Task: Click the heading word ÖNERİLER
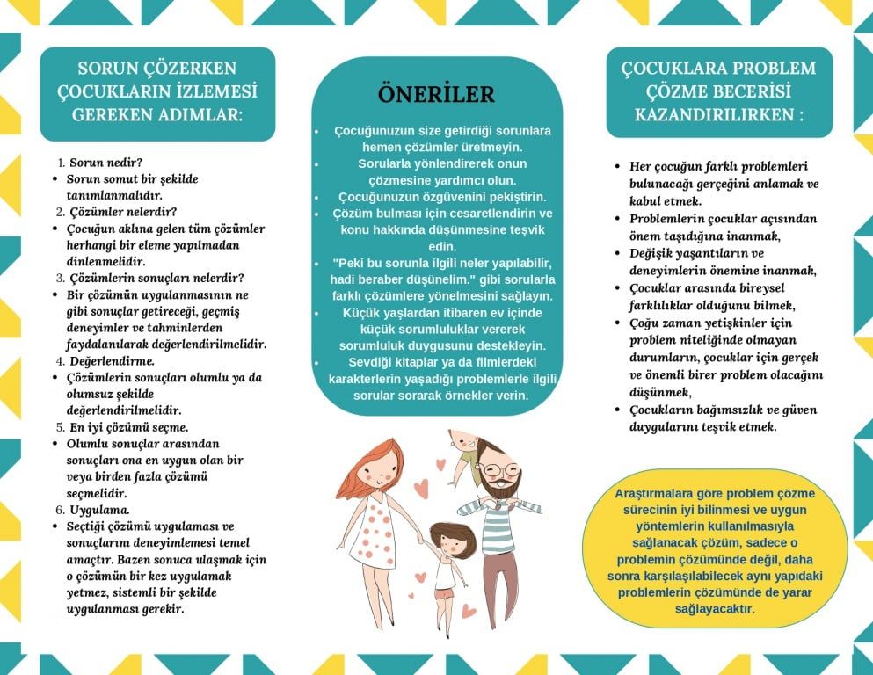pyautogui.click(x=436, y=94)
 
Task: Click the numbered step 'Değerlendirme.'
pyautogui.click(x=112, y=361)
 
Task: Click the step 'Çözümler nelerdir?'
pyautogui.click(x=123, y=212)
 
